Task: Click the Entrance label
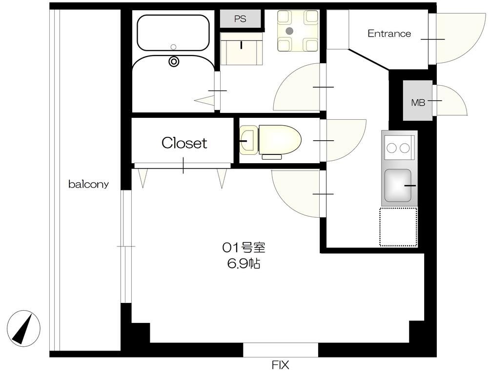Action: coord(389,34)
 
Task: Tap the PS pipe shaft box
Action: coord(240,19)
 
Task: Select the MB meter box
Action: coord(417,100)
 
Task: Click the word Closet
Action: coord(184,143)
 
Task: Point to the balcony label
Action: coord(88,184)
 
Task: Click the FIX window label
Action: coord(280,365)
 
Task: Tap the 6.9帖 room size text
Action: coord(244,264)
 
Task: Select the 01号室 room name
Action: coord(244,248)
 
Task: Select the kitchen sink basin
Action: coord(398,185)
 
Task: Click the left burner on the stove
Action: coord(392,148)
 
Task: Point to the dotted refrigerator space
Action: coord(398,227)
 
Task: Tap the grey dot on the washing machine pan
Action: coord(290,31)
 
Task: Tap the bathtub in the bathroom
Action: coord(173,32)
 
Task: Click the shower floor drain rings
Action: coord(174,61)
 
